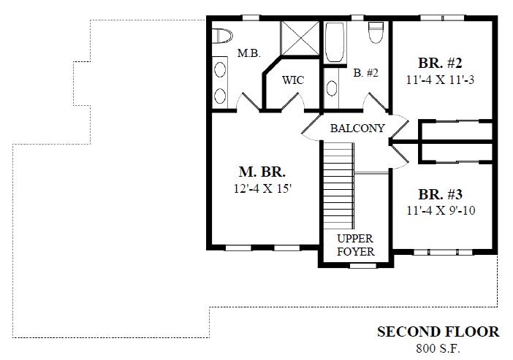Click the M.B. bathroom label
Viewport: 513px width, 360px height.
click(249, 53)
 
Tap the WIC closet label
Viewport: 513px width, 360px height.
click(293, 80)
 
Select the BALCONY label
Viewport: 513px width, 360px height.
click(357, 129)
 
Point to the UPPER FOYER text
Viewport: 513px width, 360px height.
click(356, 245)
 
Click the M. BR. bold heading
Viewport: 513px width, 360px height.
click(262, 172)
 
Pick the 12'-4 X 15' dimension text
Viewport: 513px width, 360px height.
click(262, 188)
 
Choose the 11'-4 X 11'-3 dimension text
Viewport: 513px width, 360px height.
click(440, 80)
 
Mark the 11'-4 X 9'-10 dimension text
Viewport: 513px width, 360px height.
click(441, 210)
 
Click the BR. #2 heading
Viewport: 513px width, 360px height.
click(440, 63)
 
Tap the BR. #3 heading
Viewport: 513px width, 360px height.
click(441, 194)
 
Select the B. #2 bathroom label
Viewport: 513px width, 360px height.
click(365, 72)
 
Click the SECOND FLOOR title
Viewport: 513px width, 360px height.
click(438, 332)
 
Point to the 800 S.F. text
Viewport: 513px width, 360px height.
click(438, 348)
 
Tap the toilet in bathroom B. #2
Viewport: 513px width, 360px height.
click(376, 32)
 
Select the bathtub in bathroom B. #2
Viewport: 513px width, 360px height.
click(335, 42)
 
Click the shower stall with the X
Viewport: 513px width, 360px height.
click(300, 38)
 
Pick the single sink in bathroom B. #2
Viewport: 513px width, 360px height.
click(332, 88)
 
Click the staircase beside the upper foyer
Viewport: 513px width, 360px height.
click(338, 185)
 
